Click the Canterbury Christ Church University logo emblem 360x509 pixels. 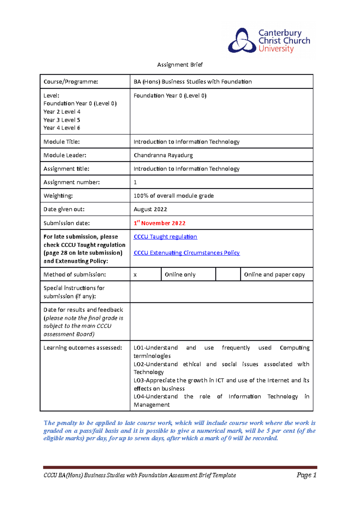pos(242,41)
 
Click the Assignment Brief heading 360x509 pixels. pos(180,65)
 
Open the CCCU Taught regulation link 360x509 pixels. pos(165,237)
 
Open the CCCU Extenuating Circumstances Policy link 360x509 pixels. pos(187,253)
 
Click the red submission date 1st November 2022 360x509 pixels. pos(160,223)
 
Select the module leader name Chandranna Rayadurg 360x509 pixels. pos(163,155)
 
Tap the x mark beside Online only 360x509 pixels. pos(135,275)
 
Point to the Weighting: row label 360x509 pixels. pos(58,196)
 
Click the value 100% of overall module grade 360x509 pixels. pos(174,196)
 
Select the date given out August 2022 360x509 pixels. pos(150,209)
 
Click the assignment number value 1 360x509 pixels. pos(135,182)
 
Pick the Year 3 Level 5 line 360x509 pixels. pos(62,120)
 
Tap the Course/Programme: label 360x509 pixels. pos(71,82)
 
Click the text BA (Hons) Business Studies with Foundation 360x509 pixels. pos(193,82)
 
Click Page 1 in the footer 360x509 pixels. pos(307,475)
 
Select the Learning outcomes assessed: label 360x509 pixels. pos(83,348)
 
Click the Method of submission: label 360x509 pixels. pos(75,275)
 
